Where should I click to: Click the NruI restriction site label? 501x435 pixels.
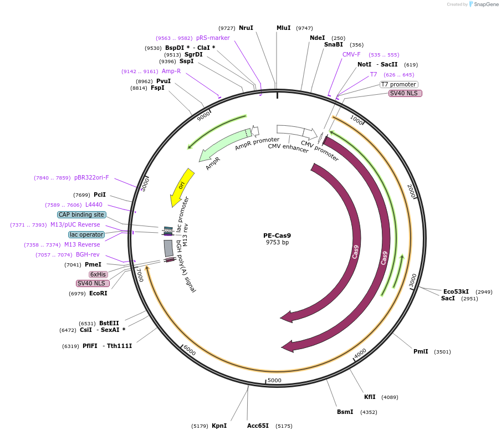tap(246, 28)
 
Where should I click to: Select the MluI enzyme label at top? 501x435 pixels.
tap(283, 28)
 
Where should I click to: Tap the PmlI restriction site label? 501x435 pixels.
tap(421, 351)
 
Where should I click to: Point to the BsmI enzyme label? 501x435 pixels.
tap(345, 412)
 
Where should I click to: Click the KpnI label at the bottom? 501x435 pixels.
tap(219, 426)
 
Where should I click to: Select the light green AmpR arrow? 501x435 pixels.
tap(223, 147)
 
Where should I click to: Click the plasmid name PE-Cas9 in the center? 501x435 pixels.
tap(277, 235)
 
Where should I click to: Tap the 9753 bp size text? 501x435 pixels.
tap(277, 242)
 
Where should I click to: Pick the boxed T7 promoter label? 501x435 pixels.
tap(398, 84)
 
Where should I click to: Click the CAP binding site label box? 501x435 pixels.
tap(81, 214)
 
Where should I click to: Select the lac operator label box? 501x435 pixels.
tap(86, 234)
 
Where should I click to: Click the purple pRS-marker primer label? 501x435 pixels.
tap(213, 38)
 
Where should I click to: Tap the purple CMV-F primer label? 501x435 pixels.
tap(351, 54)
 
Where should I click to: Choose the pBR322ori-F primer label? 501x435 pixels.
tap(91, 177)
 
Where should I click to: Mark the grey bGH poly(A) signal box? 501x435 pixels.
tap(168, 248)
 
